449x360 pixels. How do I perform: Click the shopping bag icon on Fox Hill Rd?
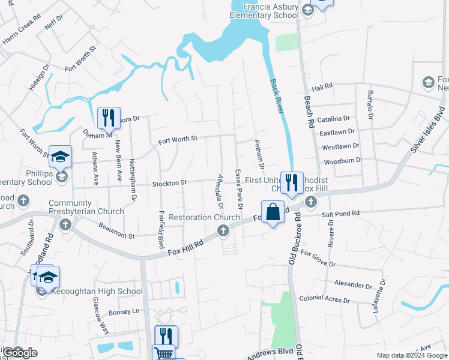click(x=273, y=212)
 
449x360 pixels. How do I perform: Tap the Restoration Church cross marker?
click(x=223, y=230)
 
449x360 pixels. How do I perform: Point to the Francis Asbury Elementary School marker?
click(x=308, y=9)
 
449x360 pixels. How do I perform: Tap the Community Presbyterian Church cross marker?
click(x=65, y=225)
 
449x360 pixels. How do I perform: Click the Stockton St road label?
click(x=170, y=182)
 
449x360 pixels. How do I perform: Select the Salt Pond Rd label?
click(x=340, y=213)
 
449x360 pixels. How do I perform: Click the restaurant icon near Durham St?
click(x=109, y=116)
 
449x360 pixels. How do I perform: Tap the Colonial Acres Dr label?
click(x=324, y=299)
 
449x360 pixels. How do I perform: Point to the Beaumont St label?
click(x=116, y=231)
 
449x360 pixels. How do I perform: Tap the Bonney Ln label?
click(x=124, y=312)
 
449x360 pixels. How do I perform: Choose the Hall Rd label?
click(x=322, y=88)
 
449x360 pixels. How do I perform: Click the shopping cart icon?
click(x=163, y=354)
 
